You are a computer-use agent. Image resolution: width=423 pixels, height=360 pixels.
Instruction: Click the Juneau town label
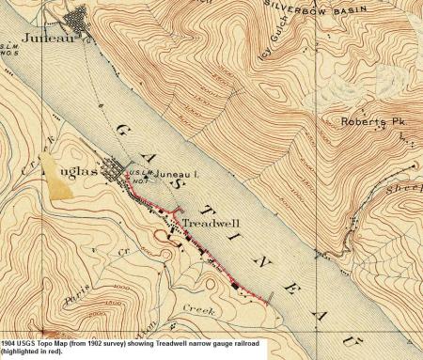coord(29,41)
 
